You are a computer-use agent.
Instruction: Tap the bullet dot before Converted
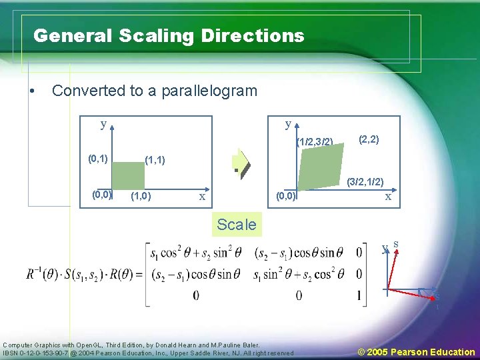coord(31,91)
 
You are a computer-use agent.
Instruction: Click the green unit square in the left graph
coord(128,175)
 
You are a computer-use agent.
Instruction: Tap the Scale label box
coord(236,225)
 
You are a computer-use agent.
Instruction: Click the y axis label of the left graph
coord(103,125)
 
